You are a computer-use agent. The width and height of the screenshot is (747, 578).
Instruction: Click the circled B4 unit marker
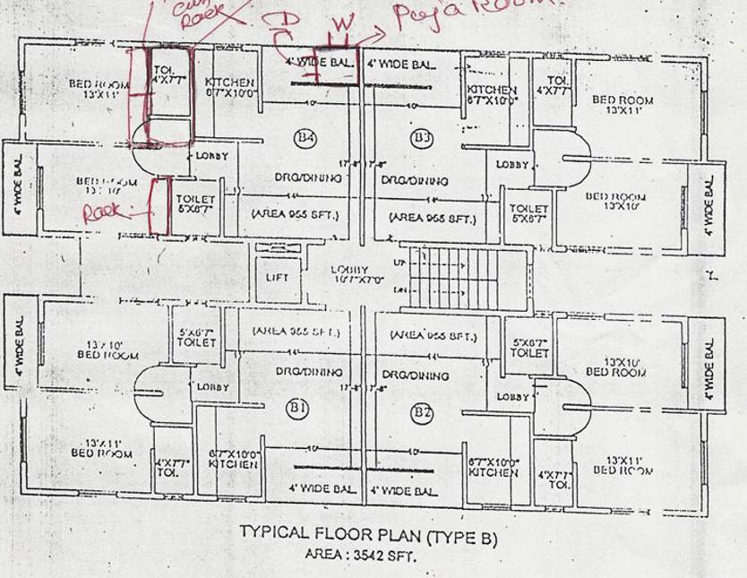[x=305, y=138]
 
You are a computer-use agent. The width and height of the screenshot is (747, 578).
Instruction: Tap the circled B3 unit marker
[x=422, y=137]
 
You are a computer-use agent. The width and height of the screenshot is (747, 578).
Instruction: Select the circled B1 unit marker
[x=297, y=410]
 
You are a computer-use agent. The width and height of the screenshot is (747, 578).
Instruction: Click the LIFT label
[x=277, y=278]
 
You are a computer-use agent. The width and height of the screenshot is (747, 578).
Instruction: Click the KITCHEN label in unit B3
[x=492, y=95]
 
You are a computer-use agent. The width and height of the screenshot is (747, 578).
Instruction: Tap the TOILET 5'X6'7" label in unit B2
[x=529, y=348]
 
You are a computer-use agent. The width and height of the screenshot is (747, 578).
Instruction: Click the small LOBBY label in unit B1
[x=212, y=387]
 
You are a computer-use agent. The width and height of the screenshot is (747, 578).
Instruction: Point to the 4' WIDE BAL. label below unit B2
[x=403, y=491]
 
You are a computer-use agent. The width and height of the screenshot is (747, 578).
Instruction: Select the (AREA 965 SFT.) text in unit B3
[x=432, y=218]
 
